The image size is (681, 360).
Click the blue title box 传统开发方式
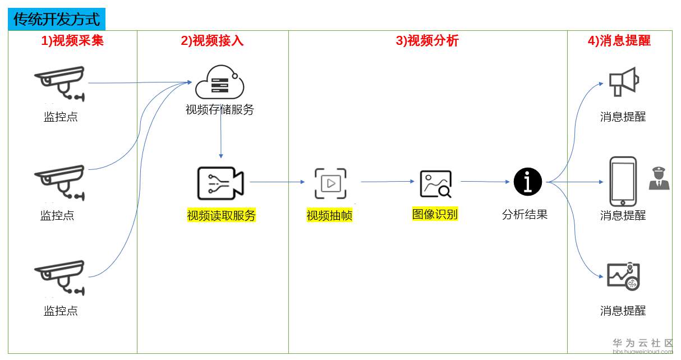[57, 19]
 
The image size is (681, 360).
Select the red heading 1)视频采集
[72, 40]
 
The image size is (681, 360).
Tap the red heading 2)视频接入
[212, 40]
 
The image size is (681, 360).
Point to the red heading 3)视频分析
[427, 40]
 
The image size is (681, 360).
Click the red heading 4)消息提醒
[619, 40]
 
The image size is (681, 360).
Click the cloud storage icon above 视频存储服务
[219, 82]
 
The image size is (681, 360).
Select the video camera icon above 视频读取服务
[220, 183]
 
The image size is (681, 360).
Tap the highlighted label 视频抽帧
[329, 215]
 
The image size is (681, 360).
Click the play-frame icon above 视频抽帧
[330, 183]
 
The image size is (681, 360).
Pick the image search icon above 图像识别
[436, 184]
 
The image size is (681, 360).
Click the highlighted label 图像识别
[435, 214]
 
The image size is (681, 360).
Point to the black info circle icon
[528, 182]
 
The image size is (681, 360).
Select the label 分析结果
[524, 214]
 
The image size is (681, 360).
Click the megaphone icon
[624, 82]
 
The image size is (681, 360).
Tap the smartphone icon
[623, 181]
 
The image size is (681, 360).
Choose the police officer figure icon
[659, 178]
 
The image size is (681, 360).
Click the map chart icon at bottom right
[623, 276]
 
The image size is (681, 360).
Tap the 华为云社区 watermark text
[642, 343]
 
